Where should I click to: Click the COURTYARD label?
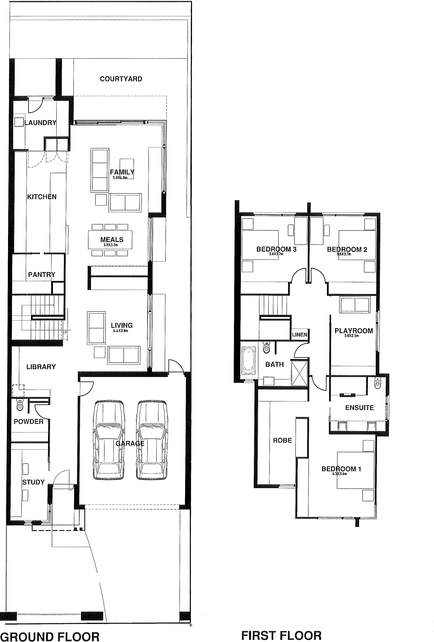pos(121,79)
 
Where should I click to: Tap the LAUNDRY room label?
pos(40,123)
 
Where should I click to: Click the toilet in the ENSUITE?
pos(378,384)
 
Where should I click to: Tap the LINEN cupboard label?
pos(299,335)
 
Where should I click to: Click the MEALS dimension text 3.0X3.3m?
pos(111,245)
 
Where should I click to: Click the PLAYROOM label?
pos(354,331)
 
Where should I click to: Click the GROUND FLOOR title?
pos(50,635)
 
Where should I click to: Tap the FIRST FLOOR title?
pos(281,633)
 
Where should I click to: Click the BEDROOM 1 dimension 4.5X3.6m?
pos(339,474)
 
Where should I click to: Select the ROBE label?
pos(282,440)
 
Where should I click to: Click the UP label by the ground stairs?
pos(65,332)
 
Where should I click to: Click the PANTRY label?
pos(41,275)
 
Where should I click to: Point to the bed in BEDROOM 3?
pos(260,245)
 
